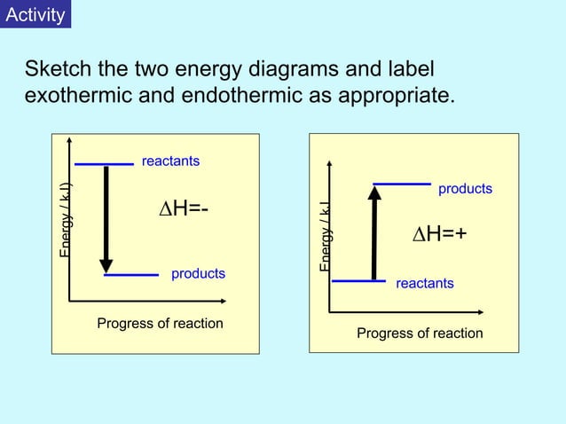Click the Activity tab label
[x=35, y=15]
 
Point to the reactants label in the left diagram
[x=170, y=161]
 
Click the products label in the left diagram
[x=198, y=273]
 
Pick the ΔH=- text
[x=184, y=208]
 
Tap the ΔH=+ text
[x=440, y=233]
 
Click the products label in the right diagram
[x=465, y=189]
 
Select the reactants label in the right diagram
[x=424, y=283]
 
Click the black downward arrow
[x=106, y=218]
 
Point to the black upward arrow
[x=374, y=232]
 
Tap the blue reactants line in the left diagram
[x=104, y=163]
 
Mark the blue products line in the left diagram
[x=131, y=275]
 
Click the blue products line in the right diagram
[x=402, y=184]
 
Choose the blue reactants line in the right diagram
[x=358, y=281]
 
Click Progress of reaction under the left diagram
[x=160, y=323]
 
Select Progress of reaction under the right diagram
[x=420, y=333]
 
